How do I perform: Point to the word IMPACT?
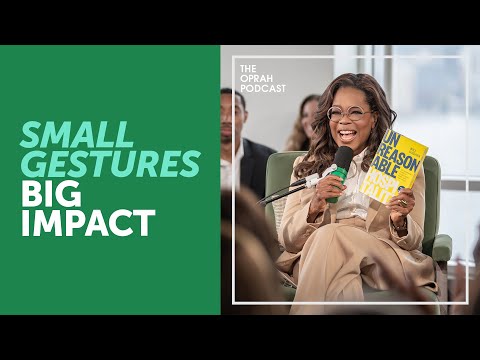click(x=88, y=223)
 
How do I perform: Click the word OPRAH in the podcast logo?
click(x=255, y=78)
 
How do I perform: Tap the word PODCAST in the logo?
click(x=262, y=88)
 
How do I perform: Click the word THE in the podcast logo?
click(x=248, y=68)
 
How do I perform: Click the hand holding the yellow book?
click(x=402, y=205)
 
